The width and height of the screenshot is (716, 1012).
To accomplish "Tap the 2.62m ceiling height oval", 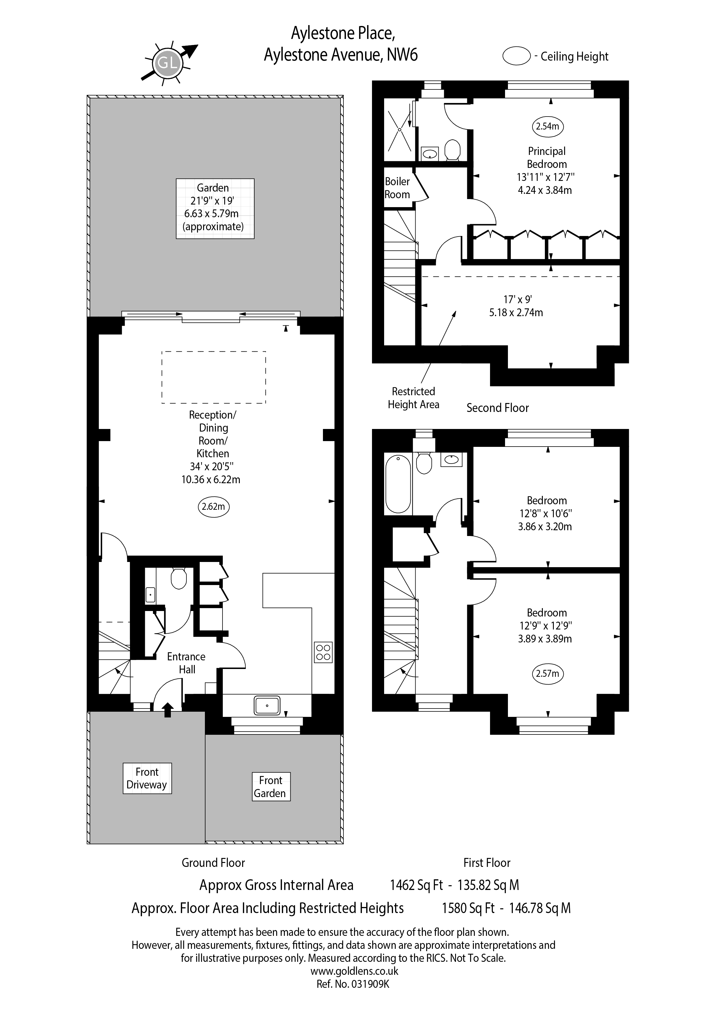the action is [x=213, y=507].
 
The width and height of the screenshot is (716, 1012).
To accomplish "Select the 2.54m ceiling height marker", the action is [x=547, y=126].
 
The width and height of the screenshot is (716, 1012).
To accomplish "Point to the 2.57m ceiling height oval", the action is [x=547, y=674].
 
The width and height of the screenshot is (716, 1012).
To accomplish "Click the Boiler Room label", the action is [x=397, y=188].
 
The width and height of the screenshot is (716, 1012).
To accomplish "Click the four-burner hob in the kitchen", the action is [x=323, y=652].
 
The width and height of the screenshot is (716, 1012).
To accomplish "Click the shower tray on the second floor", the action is [x=399, y=130].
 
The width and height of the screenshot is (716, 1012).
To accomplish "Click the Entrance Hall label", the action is [x=186, y=663].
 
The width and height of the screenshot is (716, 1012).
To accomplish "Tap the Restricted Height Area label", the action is [x=414, y=398].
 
